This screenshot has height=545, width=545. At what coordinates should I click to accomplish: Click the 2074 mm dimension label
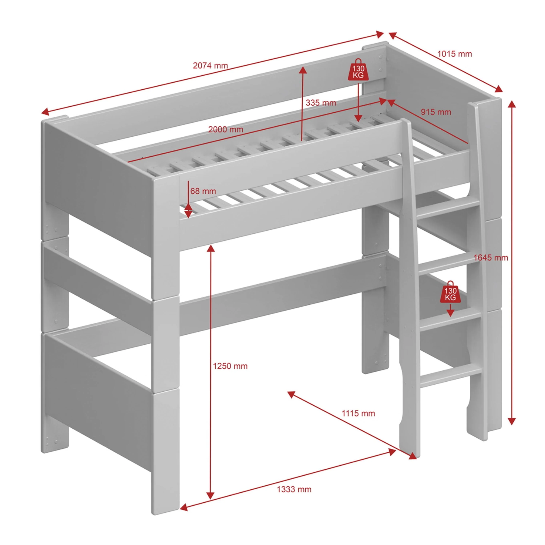(210, 65)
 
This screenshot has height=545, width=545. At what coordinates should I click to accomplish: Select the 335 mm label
(321, 103)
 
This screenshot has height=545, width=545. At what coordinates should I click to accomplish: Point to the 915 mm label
(436, 112)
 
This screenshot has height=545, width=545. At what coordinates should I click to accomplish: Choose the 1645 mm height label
(491, 257)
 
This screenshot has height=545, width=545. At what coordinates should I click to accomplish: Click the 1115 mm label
(358, 413)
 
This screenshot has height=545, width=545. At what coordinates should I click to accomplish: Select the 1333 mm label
(294, 489)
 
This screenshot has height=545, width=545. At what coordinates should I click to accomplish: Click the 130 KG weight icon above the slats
(358, 69)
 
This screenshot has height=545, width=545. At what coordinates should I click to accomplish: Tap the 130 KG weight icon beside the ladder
(451, 292)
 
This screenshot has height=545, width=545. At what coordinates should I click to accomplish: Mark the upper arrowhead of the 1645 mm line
(512, 104)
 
